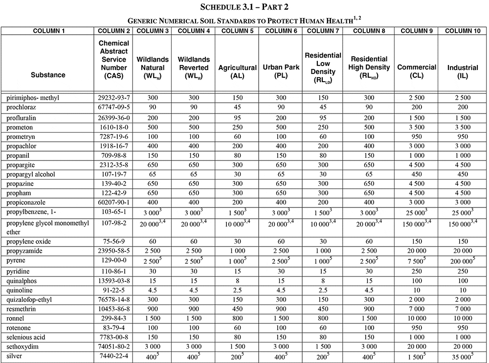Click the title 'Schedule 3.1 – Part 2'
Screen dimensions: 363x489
tap(244, 7)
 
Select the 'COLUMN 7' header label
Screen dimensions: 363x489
tap(322, 31)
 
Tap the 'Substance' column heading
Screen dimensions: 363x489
tap(48, 75)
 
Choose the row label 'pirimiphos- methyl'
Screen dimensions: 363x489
tap(33, 98)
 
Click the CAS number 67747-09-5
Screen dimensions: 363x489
tap(113, 106)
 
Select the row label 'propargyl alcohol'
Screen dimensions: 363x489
tap(31, 174)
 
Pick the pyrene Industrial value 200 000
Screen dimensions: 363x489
tap(461, 261)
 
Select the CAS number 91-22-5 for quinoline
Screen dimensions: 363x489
tap(113, 291)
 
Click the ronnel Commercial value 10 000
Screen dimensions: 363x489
tap(416, 318)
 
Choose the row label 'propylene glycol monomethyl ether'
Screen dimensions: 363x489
tap(47, 227)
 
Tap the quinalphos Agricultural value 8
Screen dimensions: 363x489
tap(238, 281)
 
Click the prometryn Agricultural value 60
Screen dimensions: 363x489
tap(238, 136)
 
